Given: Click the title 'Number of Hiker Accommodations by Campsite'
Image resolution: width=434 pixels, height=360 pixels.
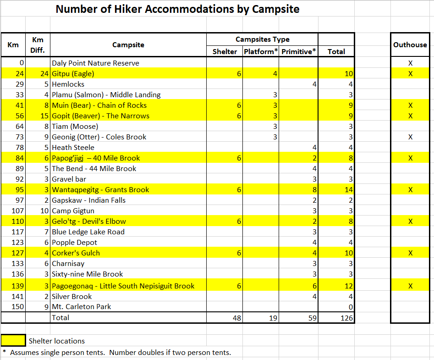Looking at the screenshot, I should (177, 9).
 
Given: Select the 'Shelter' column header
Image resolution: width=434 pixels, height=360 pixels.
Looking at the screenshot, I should (225, 52).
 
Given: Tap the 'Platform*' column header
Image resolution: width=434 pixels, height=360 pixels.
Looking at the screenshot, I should (261, 52).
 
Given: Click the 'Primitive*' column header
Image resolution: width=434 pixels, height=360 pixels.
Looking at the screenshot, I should (299, 52).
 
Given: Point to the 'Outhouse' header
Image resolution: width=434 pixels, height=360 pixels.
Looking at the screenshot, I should (410, 45).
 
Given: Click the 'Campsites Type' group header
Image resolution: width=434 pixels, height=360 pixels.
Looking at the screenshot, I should (262, 39).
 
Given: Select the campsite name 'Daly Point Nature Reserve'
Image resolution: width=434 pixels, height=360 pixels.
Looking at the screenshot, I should (95, 63).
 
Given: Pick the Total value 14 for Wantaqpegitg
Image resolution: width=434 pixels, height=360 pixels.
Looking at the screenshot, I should (349, 190).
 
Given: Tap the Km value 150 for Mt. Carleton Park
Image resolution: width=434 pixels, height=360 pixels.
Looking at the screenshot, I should (17, 306).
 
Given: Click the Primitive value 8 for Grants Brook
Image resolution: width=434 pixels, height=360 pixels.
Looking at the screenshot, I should (314, 190).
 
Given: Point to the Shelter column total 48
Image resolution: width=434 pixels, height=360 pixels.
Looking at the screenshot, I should (236, 317).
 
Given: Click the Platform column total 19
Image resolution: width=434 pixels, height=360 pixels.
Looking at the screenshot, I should (273, 317).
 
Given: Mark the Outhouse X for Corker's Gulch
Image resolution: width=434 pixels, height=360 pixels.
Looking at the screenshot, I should (410, 253).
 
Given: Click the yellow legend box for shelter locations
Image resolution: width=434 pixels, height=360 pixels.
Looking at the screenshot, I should (13, 340).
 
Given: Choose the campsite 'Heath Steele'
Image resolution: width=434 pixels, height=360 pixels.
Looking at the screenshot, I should (73, 148).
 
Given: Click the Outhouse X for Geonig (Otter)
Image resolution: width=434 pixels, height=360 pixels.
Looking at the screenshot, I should (410, 137).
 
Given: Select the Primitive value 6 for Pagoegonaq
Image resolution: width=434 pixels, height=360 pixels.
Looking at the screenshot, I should (314, 286).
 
